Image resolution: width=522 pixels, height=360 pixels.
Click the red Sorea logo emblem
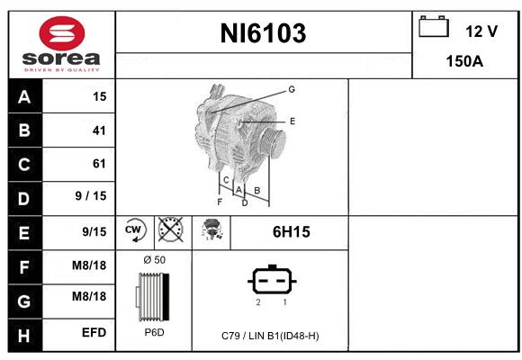[x=62, y=33]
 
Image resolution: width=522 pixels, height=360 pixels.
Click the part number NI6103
[x=263, y=33]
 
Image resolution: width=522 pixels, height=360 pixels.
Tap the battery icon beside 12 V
[x=434, y=26]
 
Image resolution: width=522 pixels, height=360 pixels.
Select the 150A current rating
[x=464, y=61]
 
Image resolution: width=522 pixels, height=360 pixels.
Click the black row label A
[x=25, y=96]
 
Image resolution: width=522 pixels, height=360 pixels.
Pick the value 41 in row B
[x=99, y=130]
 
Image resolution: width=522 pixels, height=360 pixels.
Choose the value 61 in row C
[x=99, y=164]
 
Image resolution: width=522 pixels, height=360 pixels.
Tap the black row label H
[x=25, y=336]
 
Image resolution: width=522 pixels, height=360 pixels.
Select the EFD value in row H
[x=94, y=332]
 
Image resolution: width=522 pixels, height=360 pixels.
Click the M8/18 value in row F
[x=89, y=265]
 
